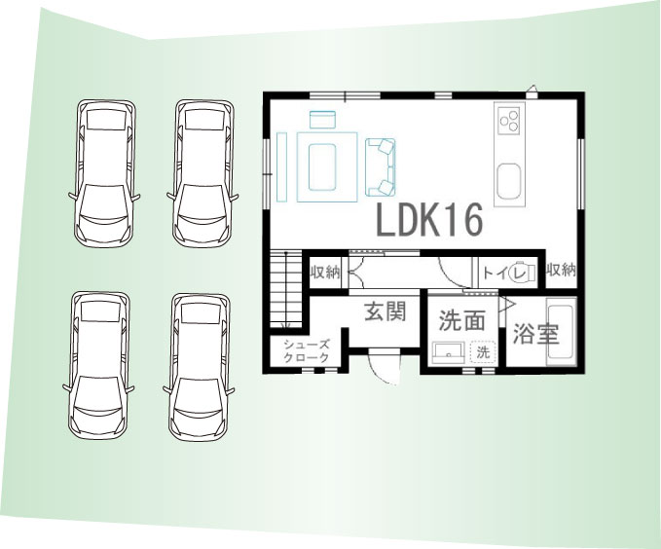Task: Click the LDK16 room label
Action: point(428,219)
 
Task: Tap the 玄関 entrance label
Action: point(385,312)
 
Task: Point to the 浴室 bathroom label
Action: point(535,335)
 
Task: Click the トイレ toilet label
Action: point(504,274)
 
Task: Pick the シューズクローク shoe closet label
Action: point(306,351)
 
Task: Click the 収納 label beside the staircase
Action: point(325,273)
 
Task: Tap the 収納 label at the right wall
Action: point(561,270)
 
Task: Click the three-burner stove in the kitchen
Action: point(509,119)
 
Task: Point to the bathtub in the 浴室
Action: point(561,332)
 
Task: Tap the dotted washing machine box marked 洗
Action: point(483,352)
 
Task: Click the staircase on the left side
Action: point(286,288)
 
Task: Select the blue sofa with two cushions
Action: point(381,167)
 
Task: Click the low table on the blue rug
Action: point(322,167)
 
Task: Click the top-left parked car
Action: point(104,173)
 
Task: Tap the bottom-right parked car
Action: point(199,366)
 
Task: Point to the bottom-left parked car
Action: point(99,365)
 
